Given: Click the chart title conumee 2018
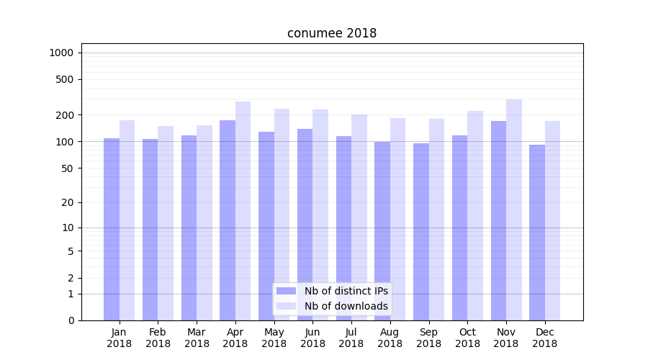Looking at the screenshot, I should point(331,33).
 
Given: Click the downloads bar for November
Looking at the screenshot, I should point(514,210).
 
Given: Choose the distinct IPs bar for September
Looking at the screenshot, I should point(421,232).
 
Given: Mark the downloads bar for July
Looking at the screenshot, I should point(359,217).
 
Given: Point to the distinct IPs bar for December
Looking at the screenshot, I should point(537,233).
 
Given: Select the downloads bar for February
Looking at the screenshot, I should point(166,223).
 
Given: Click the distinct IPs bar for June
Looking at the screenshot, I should point(305,225).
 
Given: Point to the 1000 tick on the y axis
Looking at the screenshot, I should point(61,53).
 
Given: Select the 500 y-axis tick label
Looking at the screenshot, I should point(65,79).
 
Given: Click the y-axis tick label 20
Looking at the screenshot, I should point(68,202).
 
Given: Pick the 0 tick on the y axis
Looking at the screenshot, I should point(71,320).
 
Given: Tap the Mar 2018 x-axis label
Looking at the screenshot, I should point(197,338).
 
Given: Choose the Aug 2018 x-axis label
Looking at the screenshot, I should point(390,338).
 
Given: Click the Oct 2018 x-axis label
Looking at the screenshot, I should point(467,338).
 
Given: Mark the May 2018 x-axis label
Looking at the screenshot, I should point(274,338).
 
